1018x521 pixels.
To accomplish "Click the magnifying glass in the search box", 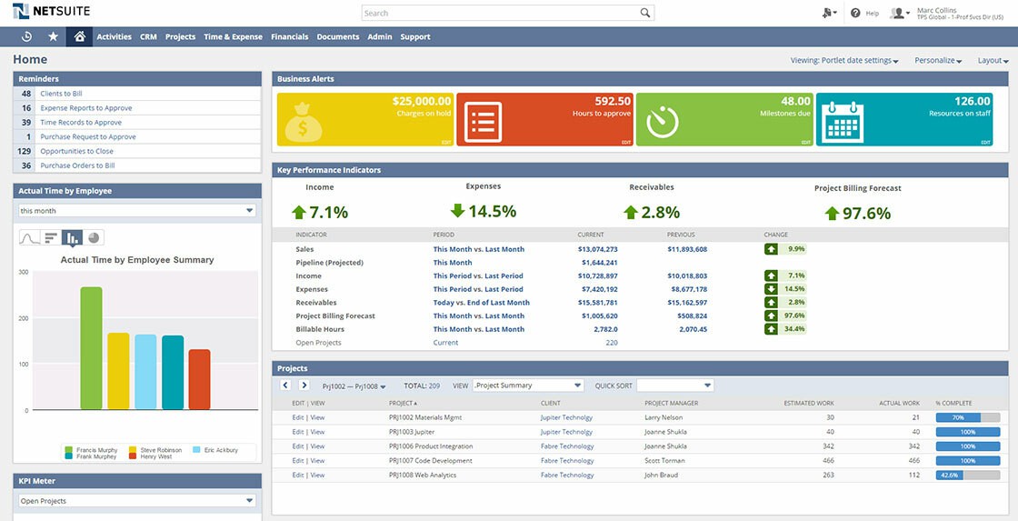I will [645, 13].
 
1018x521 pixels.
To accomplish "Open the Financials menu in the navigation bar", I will [290, 37].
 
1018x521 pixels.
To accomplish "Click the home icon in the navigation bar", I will [79, 37].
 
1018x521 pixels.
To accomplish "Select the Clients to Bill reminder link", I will [61, 94].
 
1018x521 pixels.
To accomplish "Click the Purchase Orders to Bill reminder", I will [77, 165].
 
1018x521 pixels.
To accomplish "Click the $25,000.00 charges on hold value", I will [421, 101].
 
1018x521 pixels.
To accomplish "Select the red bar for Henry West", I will [199, 379].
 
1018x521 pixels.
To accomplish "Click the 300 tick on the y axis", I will [23, 272].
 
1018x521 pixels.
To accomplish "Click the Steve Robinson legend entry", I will [160, 450].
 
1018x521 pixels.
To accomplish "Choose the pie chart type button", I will [94, 237].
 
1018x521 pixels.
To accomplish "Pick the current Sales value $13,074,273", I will [597, 249].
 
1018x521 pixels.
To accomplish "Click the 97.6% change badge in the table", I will [785, 316].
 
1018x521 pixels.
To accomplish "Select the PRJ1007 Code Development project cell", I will [431, 461].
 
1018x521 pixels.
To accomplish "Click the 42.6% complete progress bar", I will [966, 475].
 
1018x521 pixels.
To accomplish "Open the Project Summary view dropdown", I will [528, 386].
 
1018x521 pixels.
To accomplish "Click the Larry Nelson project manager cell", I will [665, 417].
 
